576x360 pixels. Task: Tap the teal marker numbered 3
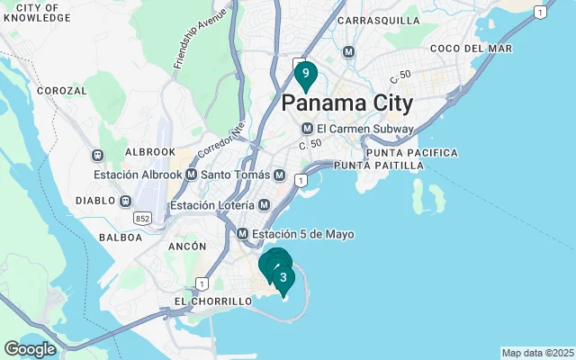283,278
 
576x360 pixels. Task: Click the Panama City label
347,103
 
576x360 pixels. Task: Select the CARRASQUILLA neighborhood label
378,20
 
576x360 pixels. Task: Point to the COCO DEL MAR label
471,48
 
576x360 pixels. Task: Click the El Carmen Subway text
364,129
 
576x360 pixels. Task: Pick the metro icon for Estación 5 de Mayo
243,234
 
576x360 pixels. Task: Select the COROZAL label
62,91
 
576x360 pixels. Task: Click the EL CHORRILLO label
212,301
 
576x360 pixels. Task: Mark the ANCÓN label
186,246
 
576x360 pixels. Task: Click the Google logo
31,349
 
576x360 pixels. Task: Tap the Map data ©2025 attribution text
537,353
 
